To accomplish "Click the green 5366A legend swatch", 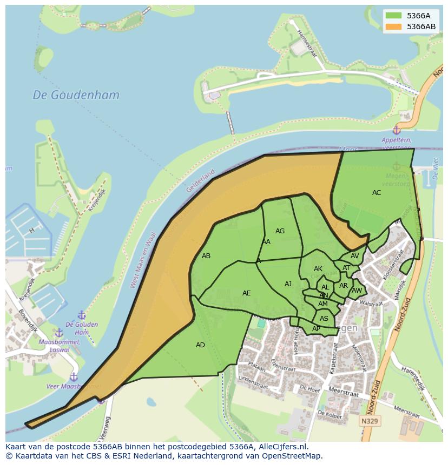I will click(393, 16).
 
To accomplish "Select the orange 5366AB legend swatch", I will click(393, 26).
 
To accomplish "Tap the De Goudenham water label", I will click(76, 95).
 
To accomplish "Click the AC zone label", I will click(377, 193).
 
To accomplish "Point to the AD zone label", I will click(200, 345).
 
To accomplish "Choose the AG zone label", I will click(280, 231).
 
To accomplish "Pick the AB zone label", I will click(206, 256).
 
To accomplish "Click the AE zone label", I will click(246, 293).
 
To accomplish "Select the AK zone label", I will click(318, 269).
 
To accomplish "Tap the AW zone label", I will click(357, 291).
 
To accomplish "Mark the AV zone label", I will click(354, 256).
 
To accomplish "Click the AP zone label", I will click(316, 329).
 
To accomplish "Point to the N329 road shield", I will click(370, 421).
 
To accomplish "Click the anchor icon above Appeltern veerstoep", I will click(396, 130).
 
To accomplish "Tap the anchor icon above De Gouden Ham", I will click(82, 315).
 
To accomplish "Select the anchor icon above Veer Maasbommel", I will click(74, 376).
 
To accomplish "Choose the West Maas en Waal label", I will click(142, 260).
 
